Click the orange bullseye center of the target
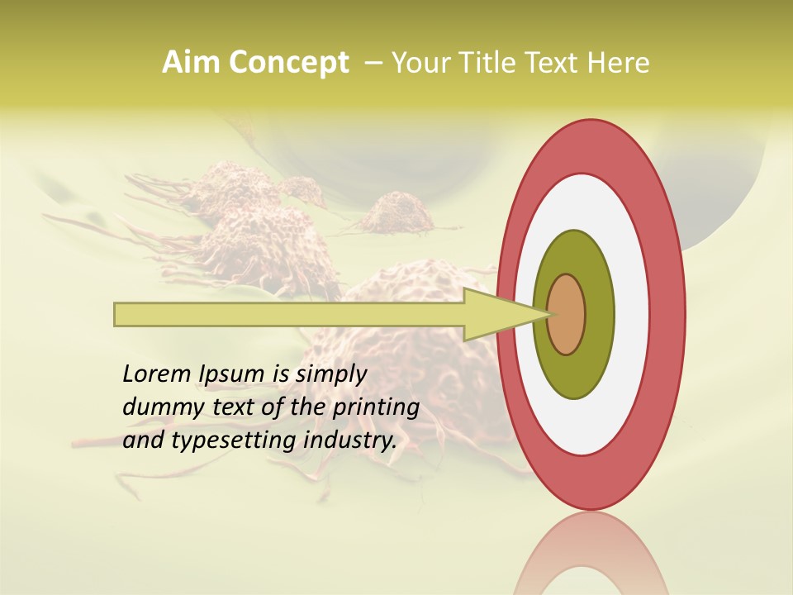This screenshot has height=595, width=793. coord(567,314)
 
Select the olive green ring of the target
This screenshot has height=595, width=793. coord(574,248)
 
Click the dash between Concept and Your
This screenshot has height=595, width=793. coord(373,63)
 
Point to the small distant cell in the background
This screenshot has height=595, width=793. coord(396,213)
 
